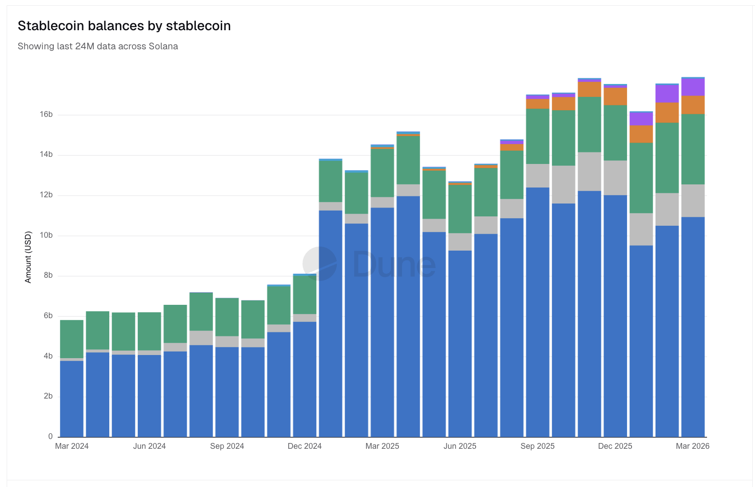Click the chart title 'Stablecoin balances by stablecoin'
pyautogui.click(x=124, y=26)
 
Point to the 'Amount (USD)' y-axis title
pyautogui.click(x=28, y=257)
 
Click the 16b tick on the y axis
pyautogui.click(x=46, y=115)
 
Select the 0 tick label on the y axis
pyautogui.click(x=51, y=436)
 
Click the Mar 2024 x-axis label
pyautogui.click(x=72, y=446)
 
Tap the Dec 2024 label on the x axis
pyautogui.click(x=305, y=446)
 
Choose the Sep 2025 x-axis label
pyautogui.click(x=537, y=446)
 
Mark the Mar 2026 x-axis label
pyautogui.click(x=692, y=446)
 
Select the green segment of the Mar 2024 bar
pyautogui.click(x=72, y=339)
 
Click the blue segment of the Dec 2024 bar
pyautogui.click(x=305, y=378)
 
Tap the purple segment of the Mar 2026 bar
pyautogui.click(x=693, y=87)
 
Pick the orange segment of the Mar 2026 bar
pyautogui.click(x=693, y=105)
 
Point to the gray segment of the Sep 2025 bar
pyautogui.click(x=537, y=176)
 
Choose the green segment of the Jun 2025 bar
pyautogui.click(x=460, y=209)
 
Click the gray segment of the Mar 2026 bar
pyautogui.click(x=693, y=200)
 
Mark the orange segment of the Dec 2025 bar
pyautogui.click(x=615, y=96)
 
